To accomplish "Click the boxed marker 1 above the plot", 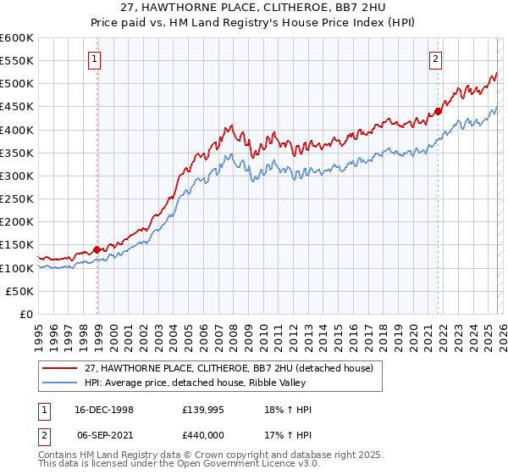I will click(x=93, y=59).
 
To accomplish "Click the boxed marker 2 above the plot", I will click(x=435, y=59).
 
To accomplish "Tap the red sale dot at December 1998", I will click(x=97, y=249).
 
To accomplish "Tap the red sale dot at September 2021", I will click(x=439, y=111).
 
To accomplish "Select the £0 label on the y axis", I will click(x=27, y=314).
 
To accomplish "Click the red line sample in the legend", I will click(x=61, y=367).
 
